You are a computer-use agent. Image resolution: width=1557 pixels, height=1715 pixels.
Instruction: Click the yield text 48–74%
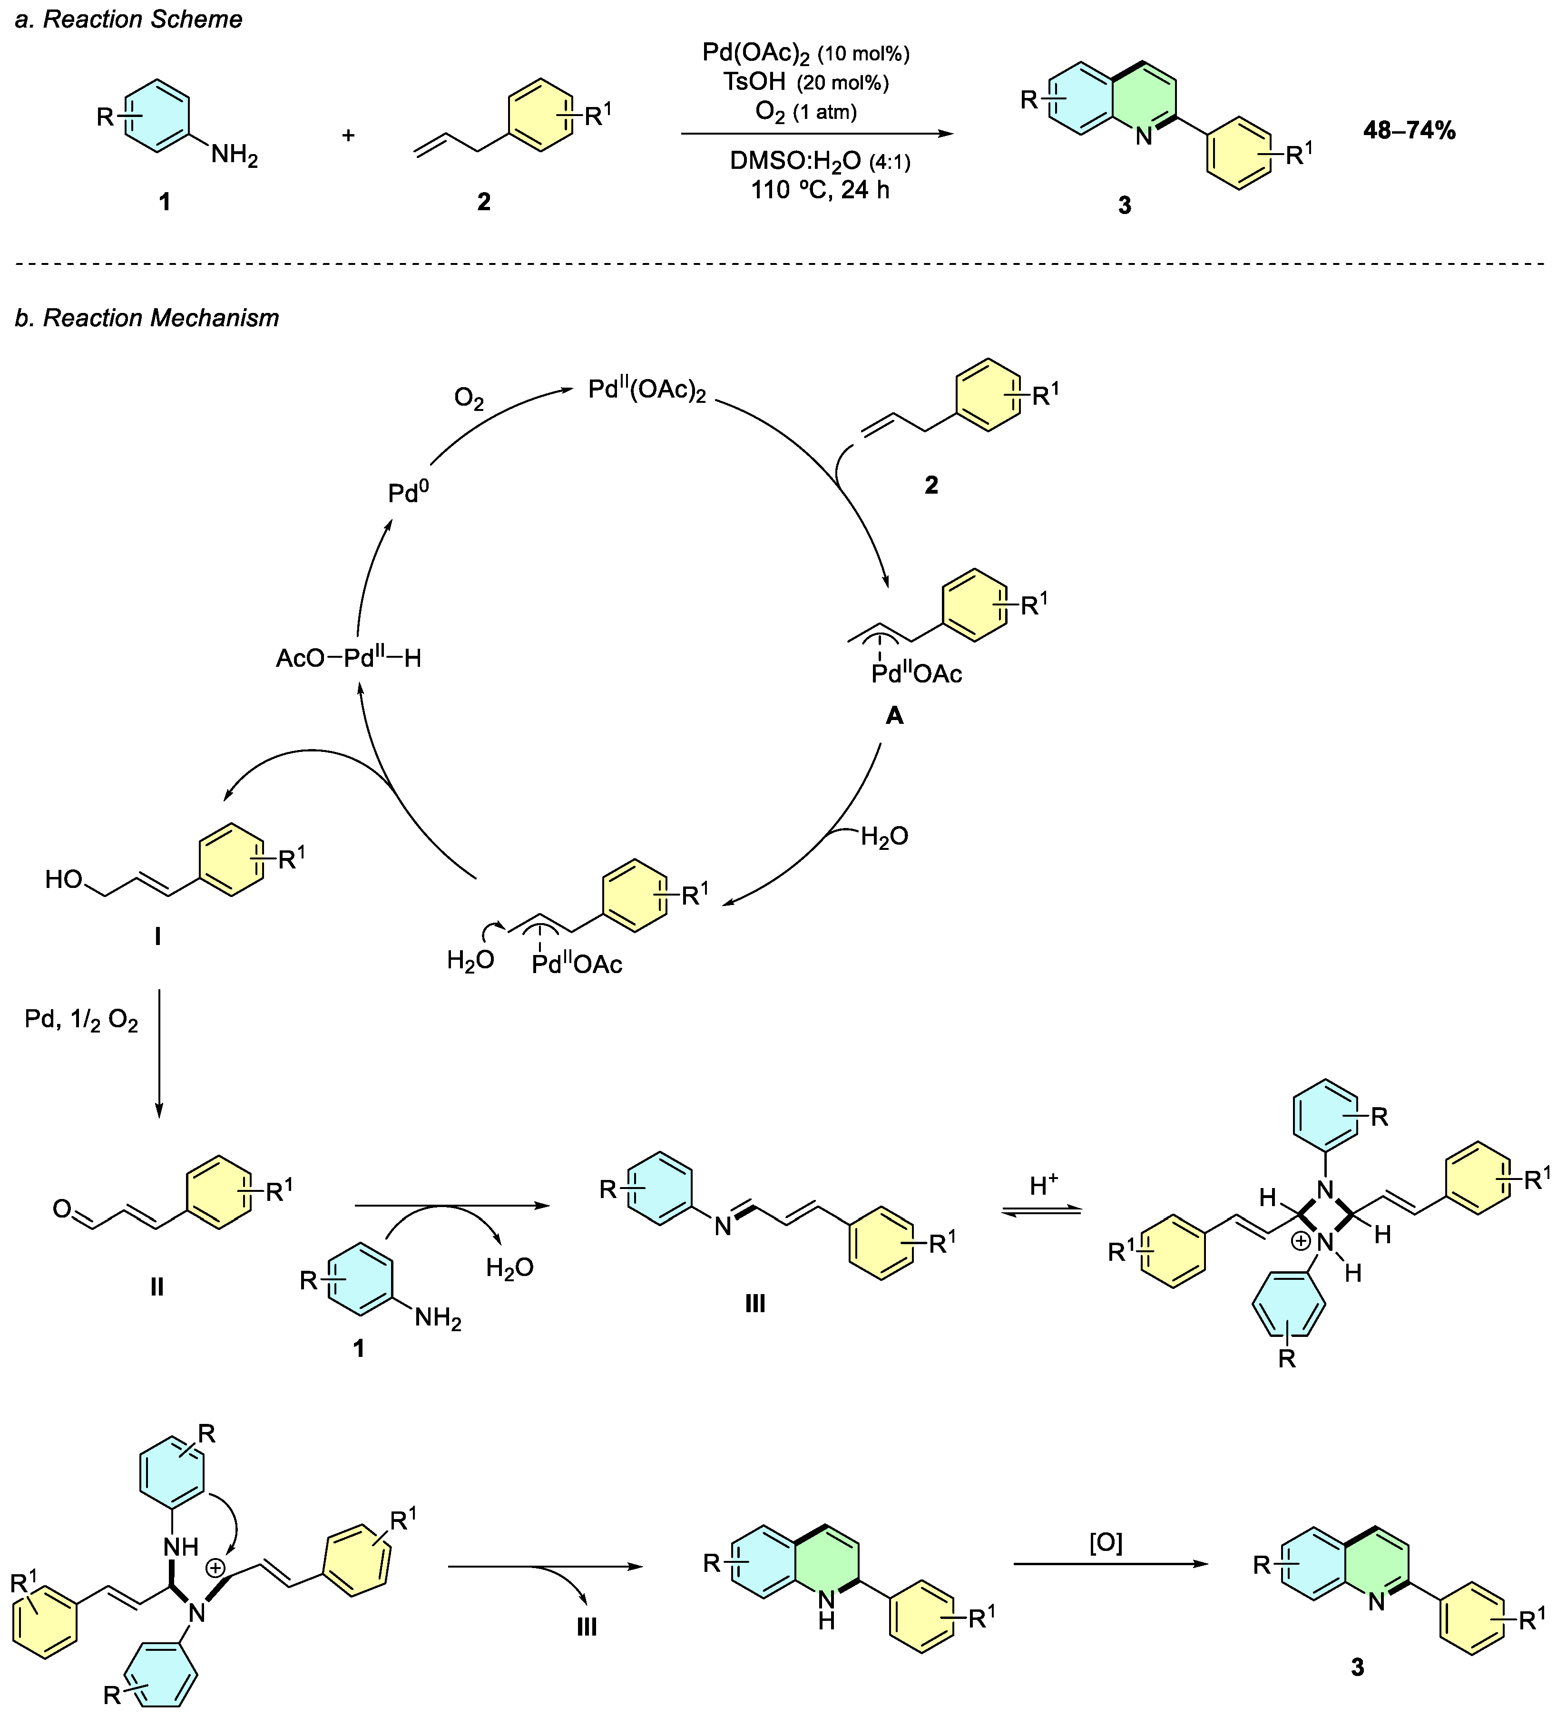[x=1409, y=130]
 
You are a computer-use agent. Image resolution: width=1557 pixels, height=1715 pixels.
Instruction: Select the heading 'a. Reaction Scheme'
[x=128, y=19]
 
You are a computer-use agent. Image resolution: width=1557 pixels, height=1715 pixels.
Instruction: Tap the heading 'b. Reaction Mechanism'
[x=147, y=318]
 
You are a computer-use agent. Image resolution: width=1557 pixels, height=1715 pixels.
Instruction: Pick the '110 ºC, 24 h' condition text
[x=819, y=190]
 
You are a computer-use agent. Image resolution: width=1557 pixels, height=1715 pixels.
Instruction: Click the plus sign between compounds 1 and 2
[x=348, y=135]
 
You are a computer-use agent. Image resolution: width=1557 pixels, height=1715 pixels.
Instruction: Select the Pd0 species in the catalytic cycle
[x=408, y=493]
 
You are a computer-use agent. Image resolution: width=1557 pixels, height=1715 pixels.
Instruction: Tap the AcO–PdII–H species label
[x=348, y=658]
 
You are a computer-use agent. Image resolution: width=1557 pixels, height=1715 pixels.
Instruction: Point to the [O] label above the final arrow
[x=1106, y=1542]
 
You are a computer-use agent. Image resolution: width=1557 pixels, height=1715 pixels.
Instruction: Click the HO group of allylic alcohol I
[x=64, y=880]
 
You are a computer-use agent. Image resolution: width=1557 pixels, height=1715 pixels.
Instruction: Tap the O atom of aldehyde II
[x=61, y=1209]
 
